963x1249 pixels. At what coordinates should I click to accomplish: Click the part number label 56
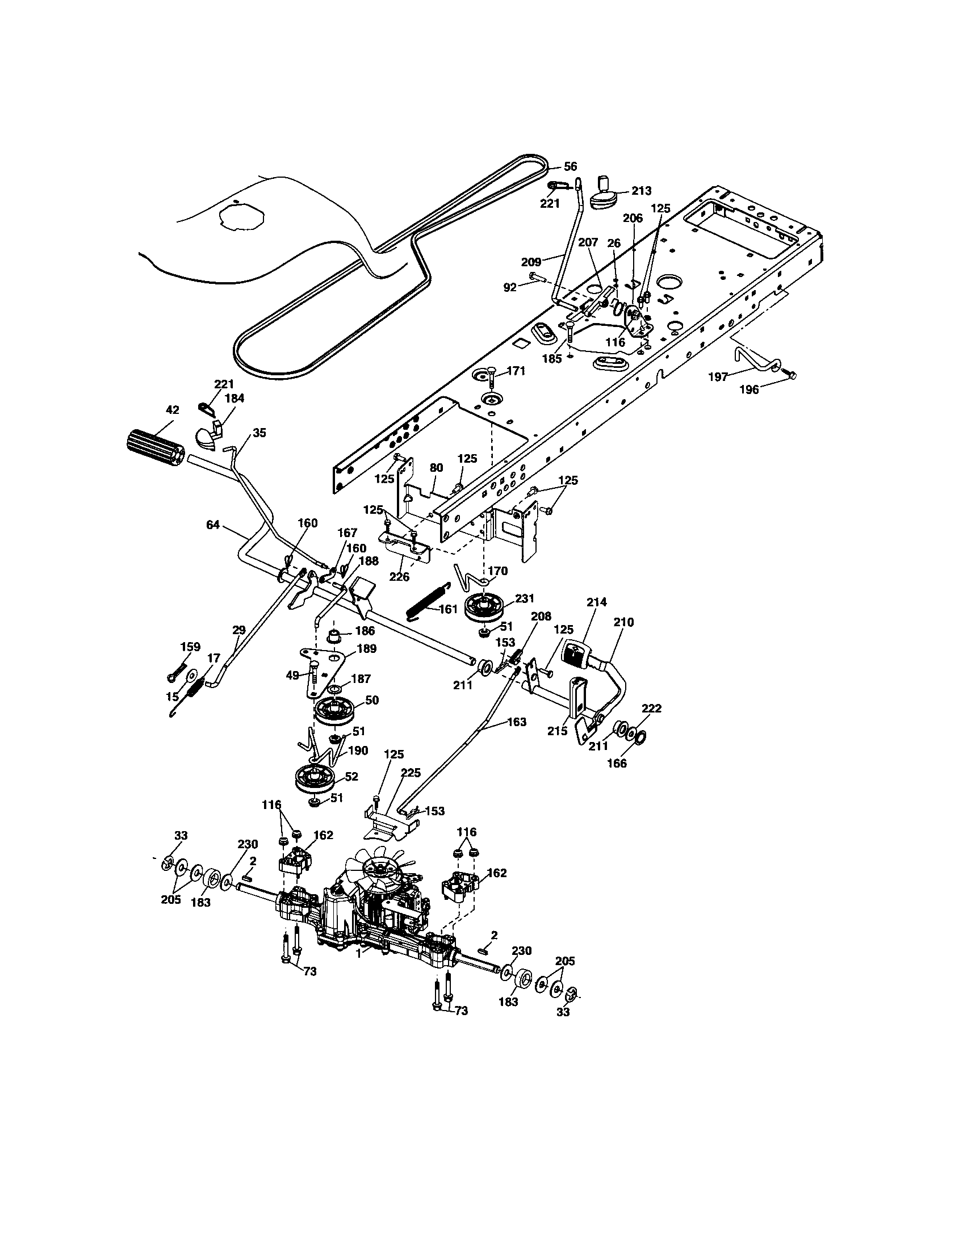pos(570,166)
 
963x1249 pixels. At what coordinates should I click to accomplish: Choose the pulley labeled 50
pos(336,711)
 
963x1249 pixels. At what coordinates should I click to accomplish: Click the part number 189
pos(367,648)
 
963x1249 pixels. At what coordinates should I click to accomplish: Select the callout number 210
pos(623,622)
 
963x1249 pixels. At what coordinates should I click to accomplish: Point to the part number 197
pos(718,377)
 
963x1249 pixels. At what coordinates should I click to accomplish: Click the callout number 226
pos(399,576)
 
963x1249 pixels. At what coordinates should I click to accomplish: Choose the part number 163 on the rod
pos(516,722)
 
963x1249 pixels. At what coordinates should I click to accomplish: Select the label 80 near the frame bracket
pos(436,467)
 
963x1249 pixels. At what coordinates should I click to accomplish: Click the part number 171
pos(516,371)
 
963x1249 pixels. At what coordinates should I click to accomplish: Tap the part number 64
pos(213,525)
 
